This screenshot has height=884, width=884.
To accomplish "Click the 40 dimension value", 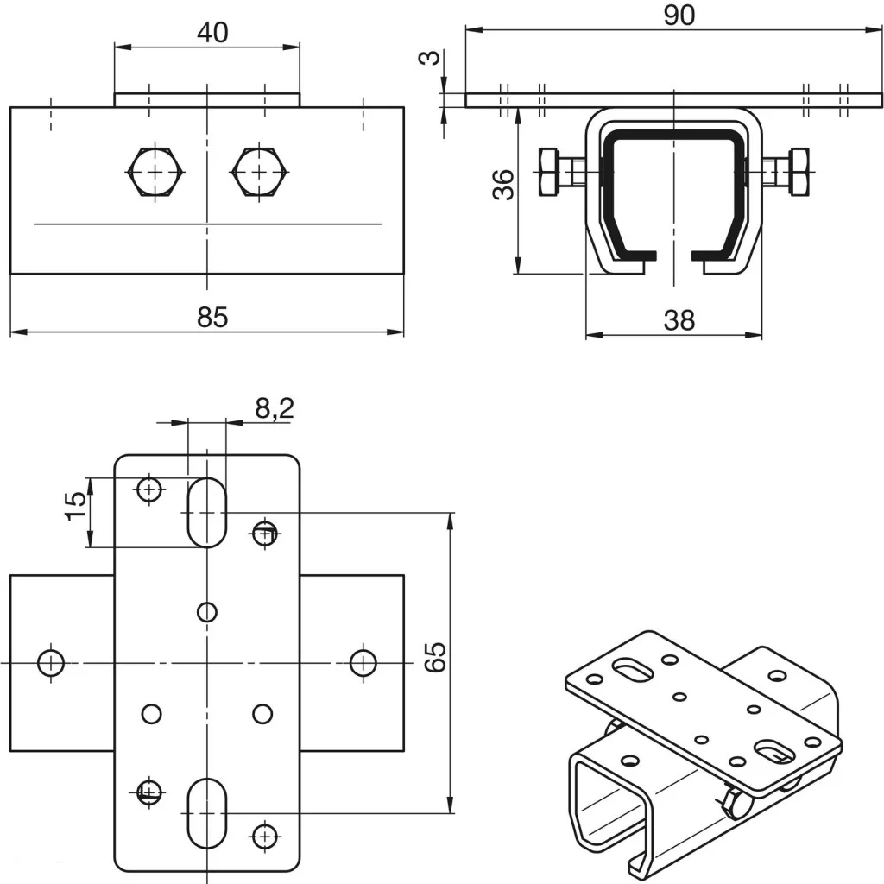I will pos(212,33).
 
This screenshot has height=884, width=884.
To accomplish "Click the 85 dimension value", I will pos(212,317).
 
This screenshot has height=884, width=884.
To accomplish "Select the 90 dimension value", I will pos(680,16).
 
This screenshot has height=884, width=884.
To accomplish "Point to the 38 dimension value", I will pos(679,320).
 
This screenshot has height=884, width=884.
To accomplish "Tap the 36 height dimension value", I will pos(504,184).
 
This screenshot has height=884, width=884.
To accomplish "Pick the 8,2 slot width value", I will pos(275,407).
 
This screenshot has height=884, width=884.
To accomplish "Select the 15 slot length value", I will pos(76,505).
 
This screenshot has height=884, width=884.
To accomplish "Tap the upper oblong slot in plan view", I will pos(206,512).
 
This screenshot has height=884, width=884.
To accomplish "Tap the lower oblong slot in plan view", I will pos(206,812).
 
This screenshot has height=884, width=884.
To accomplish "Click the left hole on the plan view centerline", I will pos(51,663).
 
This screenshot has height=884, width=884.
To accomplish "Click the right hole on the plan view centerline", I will pos(363,663).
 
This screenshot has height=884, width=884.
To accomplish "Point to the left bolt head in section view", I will pos(549,173).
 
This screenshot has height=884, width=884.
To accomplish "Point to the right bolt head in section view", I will pos(799,173).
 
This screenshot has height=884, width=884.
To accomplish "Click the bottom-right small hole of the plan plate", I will pos(264,835).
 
